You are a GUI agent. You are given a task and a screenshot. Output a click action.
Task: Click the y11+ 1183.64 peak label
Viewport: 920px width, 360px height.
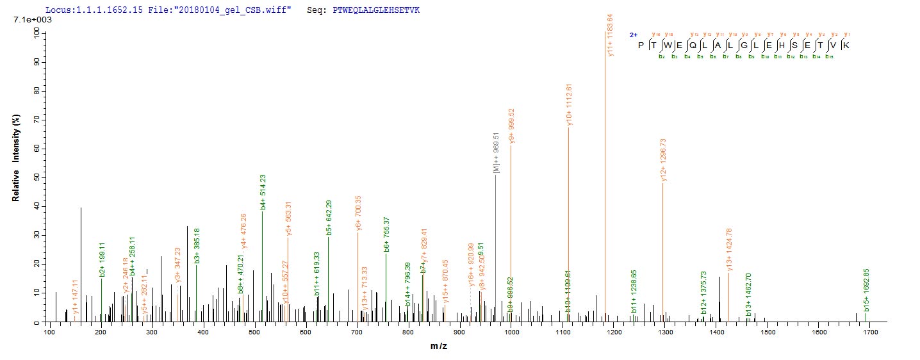click(x=610, y=35)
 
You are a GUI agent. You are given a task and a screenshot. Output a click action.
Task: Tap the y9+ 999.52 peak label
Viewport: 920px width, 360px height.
click(x=511, y=126)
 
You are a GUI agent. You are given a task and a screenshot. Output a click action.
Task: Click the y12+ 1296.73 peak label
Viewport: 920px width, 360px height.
click(x=663, y=161)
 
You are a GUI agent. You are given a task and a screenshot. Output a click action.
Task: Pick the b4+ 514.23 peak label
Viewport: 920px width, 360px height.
click(x=263, y=192)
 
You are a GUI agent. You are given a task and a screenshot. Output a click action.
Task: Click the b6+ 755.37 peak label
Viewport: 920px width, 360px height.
click(x=386, y=234)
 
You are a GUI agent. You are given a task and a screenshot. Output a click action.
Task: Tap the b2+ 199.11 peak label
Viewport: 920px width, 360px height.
click(x=102, y=260)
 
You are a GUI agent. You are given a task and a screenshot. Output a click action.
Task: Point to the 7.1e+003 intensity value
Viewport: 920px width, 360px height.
click(x=29, y=20)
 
